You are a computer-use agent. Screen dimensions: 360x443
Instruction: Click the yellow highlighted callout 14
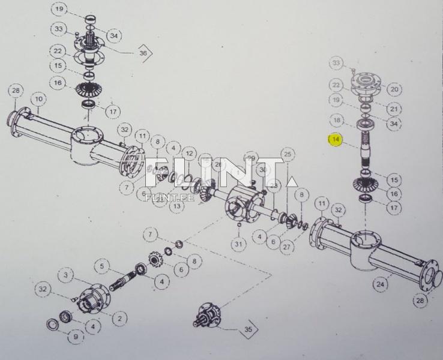[x=335, y=140]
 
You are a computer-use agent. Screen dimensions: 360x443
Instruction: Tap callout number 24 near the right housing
[x=380, y=284]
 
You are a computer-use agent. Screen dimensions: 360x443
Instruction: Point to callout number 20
[x=394, y=89]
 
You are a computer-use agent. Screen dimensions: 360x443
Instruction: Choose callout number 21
[x=394, y=109]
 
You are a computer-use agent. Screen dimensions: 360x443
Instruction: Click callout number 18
[x=337, y=120]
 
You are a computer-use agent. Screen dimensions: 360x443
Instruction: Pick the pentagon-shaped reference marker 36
[x=143, y=53]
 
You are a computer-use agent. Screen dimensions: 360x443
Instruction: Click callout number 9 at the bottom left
[x=75, y=337]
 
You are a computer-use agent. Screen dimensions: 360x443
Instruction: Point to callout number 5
[x=103, y=265]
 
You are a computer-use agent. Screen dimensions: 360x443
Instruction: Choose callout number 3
[x=67, y=274]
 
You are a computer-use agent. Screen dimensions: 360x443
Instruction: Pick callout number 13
[x=176, y=206]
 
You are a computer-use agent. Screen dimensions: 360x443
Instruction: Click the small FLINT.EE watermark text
[x=161, y=196]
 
